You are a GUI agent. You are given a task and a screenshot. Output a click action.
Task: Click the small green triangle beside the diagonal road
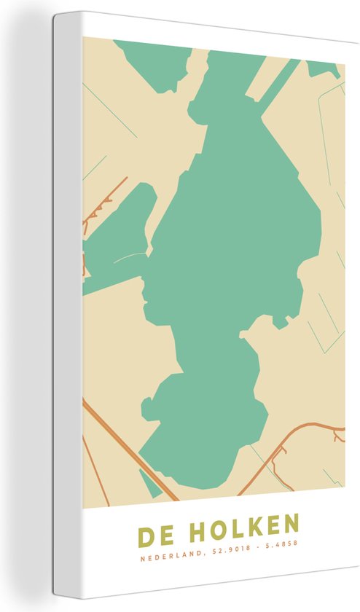[x=151, y=482]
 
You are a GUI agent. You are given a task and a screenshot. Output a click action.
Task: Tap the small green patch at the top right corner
[x=324, y=69]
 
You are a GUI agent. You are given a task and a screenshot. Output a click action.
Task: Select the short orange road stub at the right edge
[x=337, y=436]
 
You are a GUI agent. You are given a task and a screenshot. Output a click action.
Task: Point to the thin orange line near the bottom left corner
[x=95, y=466]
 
